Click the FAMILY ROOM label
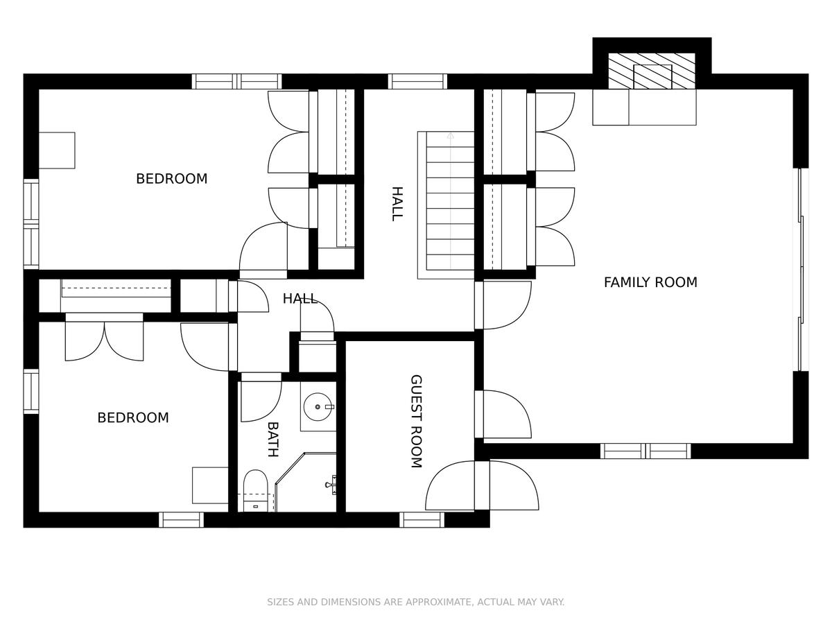650,282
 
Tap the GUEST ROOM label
416,422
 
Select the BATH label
273,439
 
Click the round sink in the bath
318,407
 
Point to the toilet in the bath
255,491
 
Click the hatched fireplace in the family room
652,71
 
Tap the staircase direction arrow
450,201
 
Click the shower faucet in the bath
331,485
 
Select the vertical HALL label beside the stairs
397,203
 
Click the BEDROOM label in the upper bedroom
172,178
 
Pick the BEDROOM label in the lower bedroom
133,417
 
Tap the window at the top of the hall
417,81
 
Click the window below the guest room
422,520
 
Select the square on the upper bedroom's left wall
57,150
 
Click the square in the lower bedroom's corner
210,485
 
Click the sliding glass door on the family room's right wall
801,270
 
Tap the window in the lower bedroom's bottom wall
181,520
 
